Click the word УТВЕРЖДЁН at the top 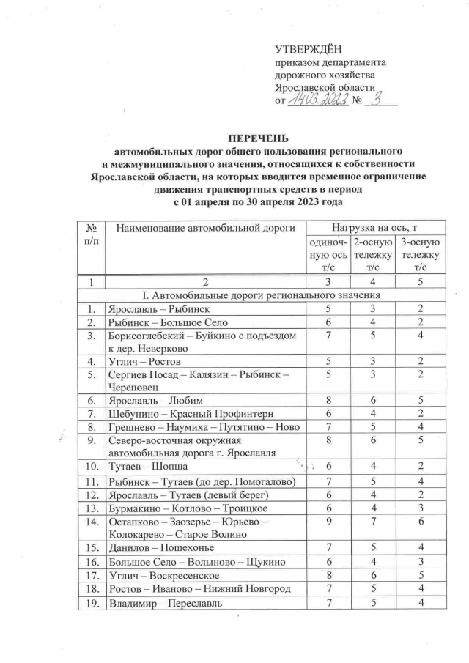[305, 50]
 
